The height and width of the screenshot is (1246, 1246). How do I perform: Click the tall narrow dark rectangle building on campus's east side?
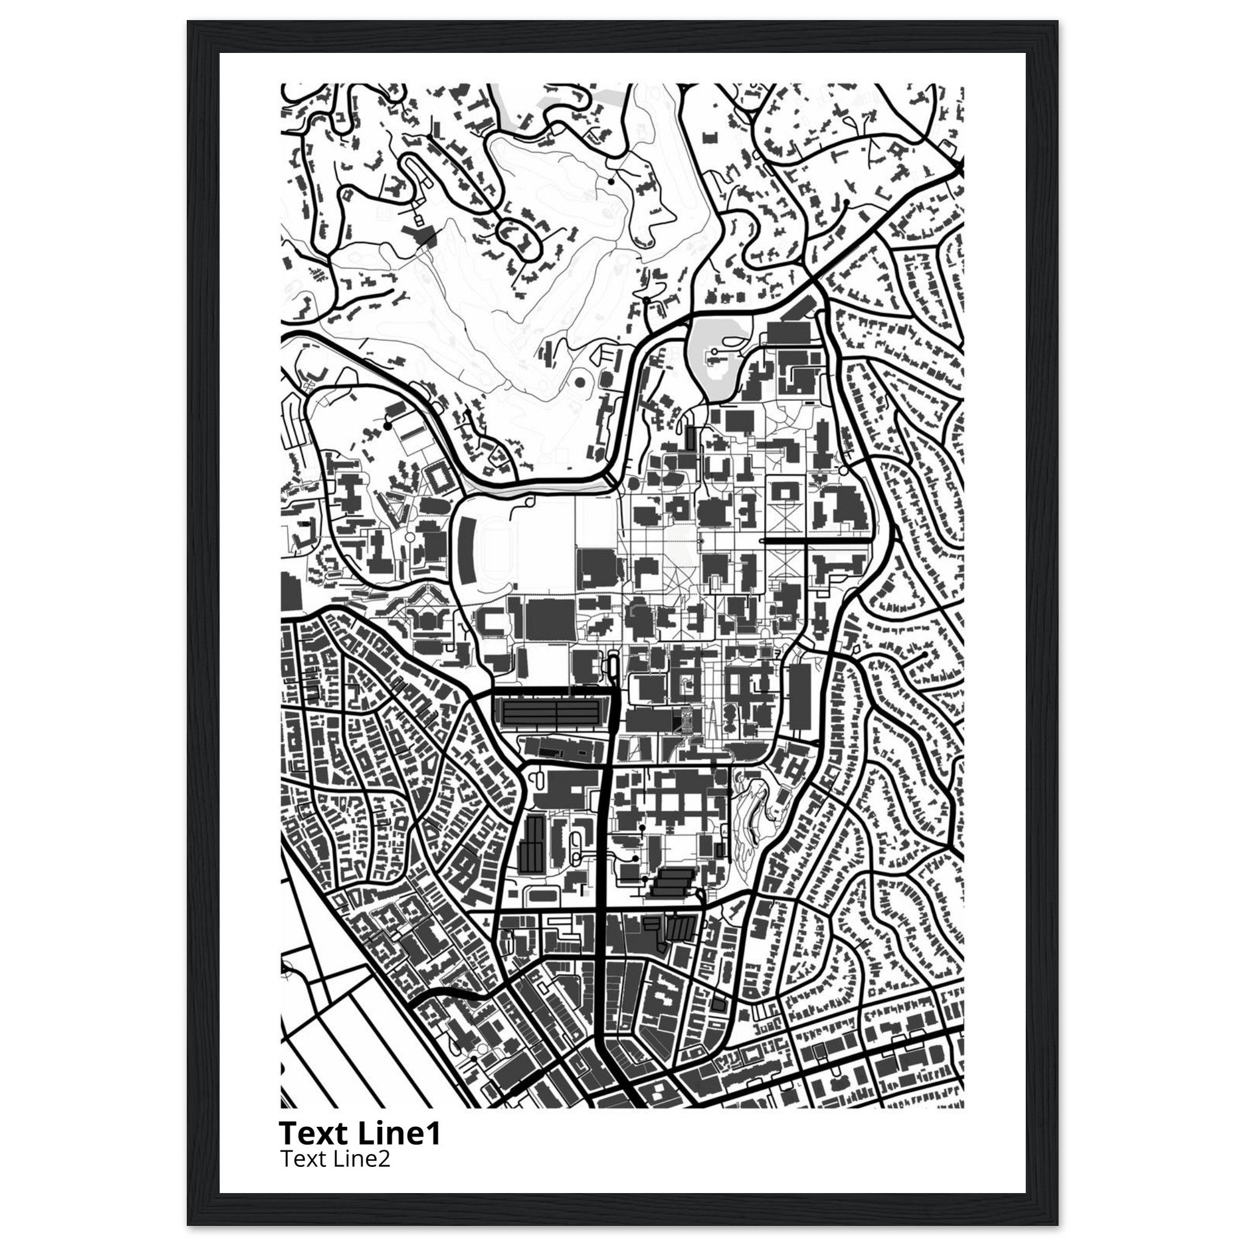(x=799, y=697)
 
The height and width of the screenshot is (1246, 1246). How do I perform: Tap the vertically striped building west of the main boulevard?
(x=533, y=842)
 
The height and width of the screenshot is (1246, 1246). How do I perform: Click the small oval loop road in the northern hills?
(x=519, y=237)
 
